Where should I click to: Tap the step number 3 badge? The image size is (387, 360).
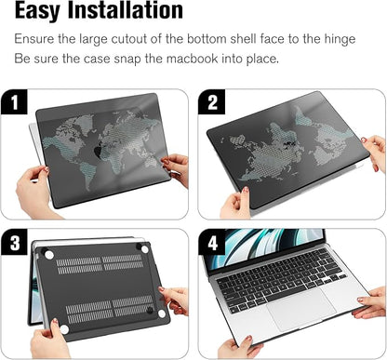coord(15,243)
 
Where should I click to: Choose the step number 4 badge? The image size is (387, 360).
coord(211,243)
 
